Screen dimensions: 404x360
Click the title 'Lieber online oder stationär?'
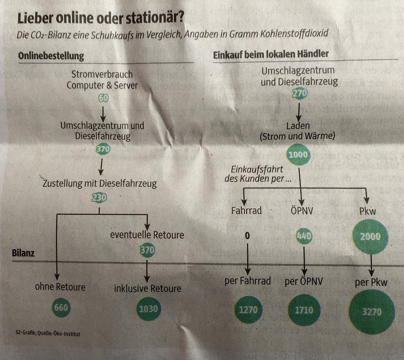[x=101, y=18]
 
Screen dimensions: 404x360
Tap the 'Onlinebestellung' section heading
[x=51, y=55]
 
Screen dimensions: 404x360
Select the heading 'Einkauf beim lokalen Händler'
[x=271, y=54]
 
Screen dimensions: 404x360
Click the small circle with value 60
[x=103, y=98]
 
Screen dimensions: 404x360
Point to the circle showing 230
[x=99, y=198]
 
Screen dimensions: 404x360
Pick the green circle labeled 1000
[x=298, y=155]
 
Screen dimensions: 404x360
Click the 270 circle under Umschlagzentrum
[x=299, y=93]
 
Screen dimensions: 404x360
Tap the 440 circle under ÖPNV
[x=304, y=236]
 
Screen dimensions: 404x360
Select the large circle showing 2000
[x=370, y=236]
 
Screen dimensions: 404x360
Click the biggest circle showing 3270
[x=372, y=311]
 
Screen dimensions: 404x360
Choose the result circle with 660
[x=61, y=307]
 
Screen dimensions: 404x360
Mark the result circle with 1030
[x=148, y=309]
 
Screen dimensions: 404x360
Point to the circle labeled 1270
[x=248, y=309]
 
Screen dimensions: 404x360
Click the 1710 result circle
[x=304, y=310]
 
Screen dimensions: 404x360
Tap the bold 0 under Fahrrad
[x=247, y=236]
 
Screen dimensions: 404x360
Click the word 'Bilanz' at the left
[x=23, y=252]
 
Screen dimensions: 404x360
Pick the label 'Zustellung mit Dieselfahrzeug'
[x=100, y=183]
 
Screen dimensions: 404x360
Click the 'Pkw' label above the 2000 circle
[x=367, y=211]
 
